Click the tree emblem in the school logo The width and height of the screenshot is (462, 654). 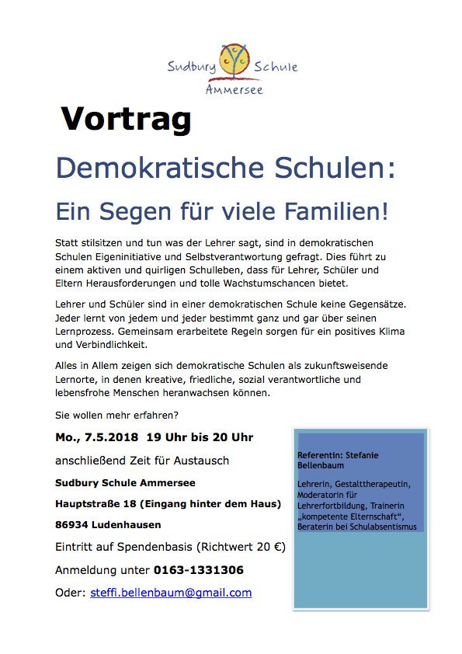pyautogui.click(x=232, y=62)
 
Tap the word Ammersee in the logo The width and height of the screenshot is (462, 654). pyautogui.click(x=234, y=89)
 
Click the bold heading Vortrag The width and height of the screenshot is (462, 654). pyautogui.click(x=126, y=118)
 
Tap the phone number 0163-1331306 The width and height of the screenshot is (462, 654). pyautogui.click(x=198, y=570)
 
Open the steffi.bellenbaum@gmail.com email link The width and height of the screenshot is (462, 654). pyautogui.click(x=171, y=593)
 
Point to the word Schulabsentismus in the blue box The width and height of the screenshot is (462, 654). pyautogui.click(x=381, y=526)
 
